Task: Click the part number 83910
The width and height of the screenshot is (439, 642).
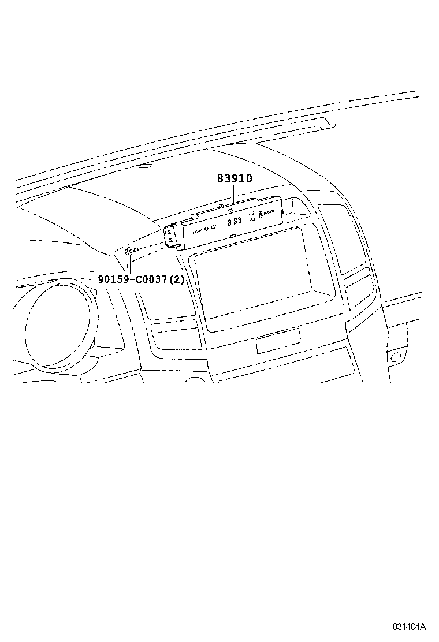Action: pyautogui.click(x=235, y=179)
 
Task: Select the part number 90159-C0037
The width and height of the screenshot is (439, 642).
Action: pyautogui.click(x=132, y=279)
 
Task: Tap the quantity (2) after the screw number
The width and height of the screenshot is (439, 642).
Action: pyautogui.click(x=176, y=279)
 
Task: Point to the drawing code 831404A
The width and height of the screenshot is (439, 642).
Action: pyautogui.click(x=410, y=627)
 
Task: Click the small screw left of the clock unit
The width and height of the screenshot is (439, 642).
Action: pyautogui.click(x=131, y=251)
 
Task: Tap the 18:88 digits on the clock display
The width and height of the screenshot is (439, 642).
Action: pyautogui.click(x=233, y=222)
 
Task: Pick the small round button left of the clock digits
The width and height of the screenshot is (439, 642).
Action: pyautogui.click(x=206, y=229)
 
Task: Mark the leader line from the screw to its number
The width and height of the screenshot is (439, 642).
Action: pyautogui.click(x=131, y=264)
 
